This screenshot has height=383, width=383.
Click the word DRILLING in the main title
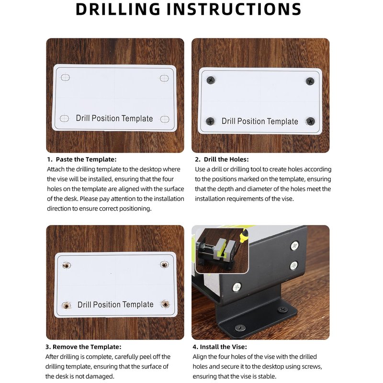tap(118, 9)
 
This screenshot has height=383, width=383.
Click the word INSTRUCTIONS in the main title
tap(234, 9)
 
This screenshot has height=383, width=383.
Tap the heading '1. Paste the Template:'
tap(82, 159)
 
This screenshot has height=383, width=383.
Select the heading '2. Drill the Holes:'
tap(222, 159)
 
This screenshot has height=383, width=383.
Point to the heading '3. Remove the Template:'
tap(83, 347)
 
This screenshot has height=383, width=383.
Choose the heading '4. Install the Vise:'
tap(220, 347)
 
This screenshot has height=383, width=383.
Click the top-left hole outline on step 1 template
tap(65, 78)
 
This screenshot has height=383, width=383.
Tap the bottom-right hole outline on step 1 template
tap(165, 119)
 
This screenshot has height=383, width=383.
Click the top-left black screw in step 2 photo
tap(211, 80)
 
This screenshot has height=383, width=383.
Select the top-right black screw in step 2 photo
tap(310, 81)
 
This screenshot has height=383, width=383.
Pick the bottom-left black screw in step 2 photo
tap(210, 121)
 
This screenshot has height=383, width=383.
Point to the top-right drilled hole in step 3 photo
tap(164, 264)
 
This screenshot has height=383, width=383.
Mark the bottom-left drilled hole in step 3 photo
tap(66, 305)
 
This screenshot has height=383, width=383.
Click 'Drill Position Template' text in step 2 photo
tap(259, 121)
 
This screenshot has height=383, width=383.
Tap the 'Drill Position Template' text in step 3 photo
tap(115, 304)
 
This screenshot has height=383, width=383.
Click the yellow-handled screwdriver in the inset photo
tap(239, 241)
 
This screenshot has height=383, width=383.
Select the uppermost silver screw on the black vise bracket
tap(295, 246)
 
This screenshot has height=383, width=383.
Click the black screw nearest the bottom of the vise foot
tap(240, 327)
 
